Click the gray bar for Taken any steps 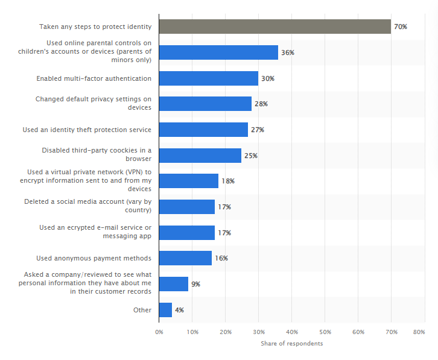(x=275, y=27)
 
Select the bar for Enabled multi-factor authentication (x=208, y=78)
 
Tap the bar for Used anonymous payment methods (x=185, y=258)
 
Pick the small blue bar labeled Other (x=165, y=310)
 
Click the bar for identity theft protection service (x=203, y=130)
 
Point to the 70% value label (x=401, y=27)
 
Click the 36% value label (x=288, y=53)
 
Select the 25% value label (x=251, y=156)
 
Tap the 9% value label (x=195, y=284)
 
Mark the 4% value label (x=179, y=310)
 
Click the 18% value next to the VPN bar (x=228, y=182)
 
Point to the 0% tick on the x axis (x=159, y=332)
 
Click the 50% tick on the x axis (x=325, y=332)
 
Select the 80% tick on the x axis (x=419, y=332)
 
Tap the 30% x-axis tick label (x=259, y=332)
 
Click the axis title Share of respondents (x=291, y=344)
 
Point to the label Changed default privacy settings (x=93, y=103)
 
